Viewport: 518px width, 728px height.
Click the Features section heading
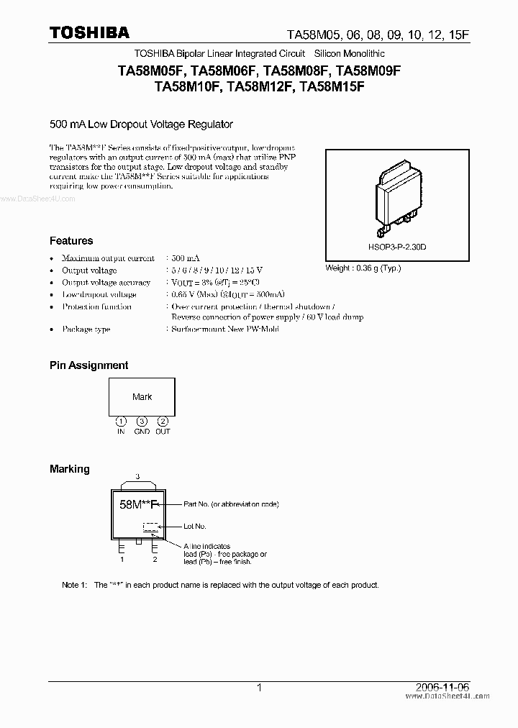(71, 241)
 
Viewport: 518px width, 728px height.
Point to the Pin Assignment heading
(88, 365)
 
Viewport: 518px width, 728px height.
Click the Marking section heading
(70, 469)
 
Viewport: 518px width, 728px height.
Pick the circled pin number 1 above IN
(122, 422)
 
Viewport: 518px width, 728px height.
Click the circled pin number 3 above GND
(142, 422)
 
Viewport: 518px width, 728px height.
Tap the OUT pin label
(163, 431)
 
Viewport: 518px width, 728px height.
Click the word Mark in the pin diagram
(142, 396)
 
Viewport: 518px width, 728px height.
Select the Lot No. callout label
(195, 527)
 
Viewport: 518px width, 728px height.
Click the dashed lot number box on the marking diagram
(150, 527)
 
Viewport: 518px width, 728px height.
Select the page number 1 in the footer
(258, 688)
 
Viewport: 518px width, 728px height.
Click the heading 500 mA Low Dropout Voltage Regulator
(141, 124)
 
